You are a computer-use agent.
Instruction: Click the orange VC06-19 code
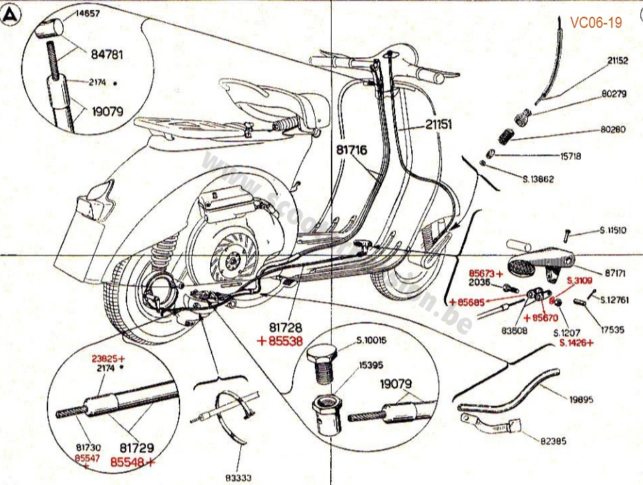coord(596,23)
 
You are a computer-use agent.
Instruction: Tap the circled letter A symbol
coord(11,14)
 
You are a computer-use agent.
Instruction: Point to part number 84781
coord(105,52)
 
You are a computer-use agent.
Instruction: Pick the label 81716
coord(351,149)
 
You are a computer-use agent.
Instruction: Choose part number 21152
coord(617,61)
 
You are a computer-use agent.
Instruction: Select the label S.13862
coord(538,179)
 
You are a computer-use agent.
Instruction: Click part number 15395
coord(371,364)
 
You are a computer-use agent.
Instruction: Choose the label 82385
coord(554,440)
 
